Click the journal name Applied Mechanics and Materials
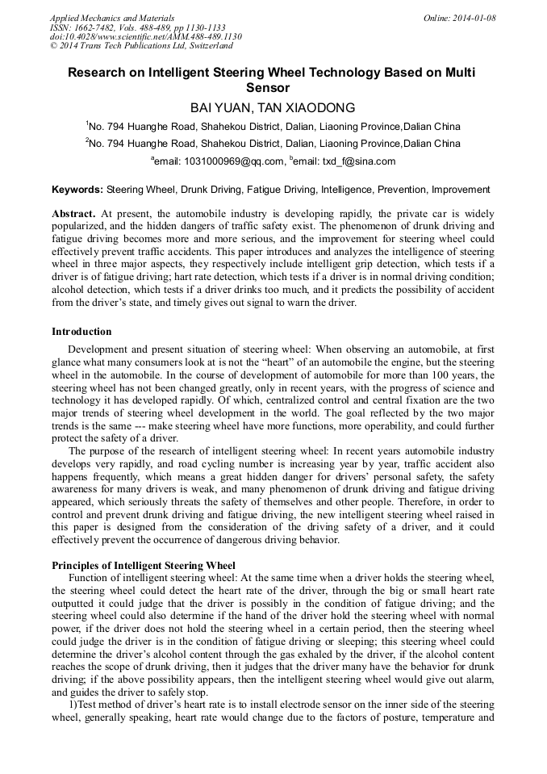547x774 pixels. [x=112, y=18]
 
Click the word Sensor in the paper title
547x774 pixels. [x=273, y=88]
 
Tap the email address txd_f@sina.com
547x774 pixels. [x=358, y=161]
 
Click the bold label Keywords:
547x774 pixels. [x=77, y=190]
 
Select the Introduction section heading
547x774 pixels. [x=81, y=332]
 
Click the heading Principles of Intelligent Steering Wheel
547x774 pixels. [x=143, y=565]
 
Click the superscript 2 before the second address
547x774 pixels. [x=87, y=140]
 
